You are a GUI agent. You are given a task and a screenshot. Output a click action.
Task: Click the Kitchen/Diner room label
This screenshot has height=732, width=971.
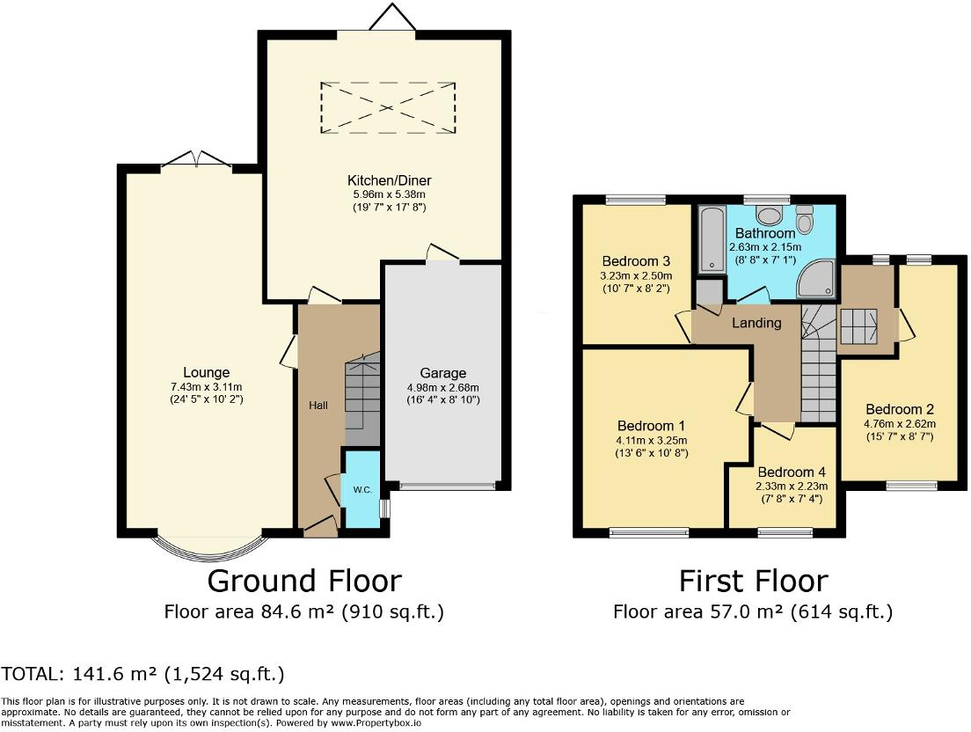[x=389, y=181]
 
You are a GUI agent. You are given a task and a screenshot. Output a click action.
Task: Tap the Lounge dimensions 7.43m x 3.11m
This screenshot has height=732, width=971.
[x=206, y=387]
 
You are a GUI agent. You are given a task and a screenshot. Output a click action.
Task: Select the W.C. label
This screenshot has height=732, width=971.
[x=363, y=490]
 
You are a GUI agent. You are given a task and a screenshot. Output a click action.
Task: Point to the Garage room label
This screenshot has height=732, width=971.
[x=442, y=373]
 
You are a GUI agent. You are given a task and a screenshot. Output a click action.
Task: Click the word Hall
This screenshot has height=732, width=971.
[x=318, y=405]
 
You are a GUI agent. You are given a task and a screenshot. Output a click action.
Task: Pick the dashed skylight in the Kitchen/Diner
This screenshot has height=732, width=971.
[x=388, y=107]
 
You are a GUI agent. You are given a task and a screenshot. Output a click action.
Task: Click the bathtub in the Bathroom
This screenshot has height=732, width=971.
[x=712, y=239]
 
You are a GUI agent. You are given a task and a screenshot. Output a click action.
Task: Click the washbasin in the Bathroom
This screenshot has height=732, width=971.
[x=769, y=216]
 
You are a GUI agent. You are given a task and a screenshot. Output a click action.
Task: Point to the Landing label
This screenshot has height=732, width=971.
[x=756, y=323]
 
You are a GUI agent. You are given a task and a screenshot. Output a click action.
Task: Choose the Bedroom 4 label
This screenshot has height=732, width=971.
[x=792, y=472]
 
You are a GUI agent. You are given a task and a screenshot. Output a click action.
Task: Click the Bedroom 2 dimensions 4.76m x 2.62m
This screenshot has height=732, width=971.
[x=900, y=424]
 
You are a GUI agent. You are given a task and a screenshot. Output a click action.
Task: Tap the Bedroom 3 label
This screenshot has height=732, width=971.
[x=636, y=261]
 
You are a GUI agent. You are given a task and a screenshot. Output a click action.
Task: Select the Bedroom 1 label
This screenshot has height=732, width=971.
[x=652, y=426]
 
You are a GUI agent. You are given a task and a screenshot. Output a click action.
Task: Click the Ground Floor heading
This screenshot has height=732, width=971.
[x=304, y=581]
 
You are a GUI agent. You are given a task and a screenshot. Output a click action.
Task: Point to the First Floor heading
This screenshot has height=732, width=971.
[x=754, y=581]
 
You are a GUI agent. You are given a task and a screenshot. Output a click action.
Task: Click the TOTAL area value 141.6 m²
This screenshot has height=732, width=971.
[x=114, y=673]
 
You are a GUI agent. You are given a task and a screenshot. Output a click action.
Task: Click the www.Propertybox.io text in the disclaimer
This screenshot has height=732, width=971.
[x=376, y=722]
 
